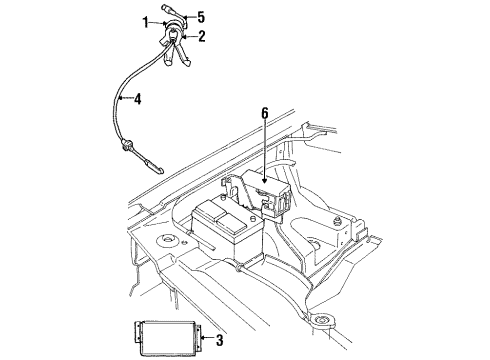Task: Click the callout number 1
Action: tap(147, 22)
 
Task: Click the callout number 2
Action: tap(204, 37)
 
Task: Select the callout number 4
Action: tap(138, 99)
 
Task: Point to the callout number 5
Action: tap(201, 17)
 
